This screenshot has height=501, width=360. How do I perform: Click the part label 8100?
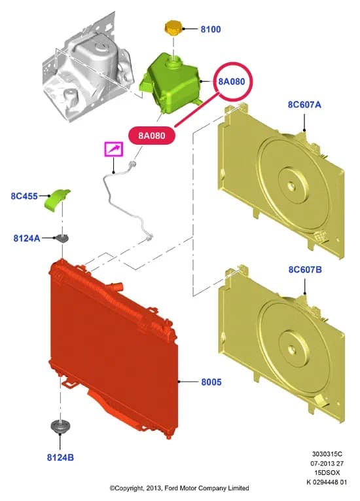pyautogui.click(x=211, y=29)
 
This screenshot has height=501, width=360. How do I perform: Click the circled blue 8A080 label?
pyautogui.click(x=231, y=81)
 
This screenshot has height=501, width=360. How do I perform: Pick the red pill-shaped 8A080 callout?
pyautogui.click(x=152, y=136)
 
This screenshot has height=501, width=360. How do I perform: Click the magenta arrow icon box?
pyautogui.click(x=114, y=149)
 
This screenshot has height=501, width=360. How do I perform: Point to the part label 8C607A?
pyautogui.click(x=304, y=105)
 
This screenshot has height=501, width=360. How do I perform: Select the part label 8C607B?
pyautogui.click(x=305, y=270)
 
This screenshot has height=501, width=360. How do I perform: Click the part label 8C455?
pyautogui.click(x=24, y=196)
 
